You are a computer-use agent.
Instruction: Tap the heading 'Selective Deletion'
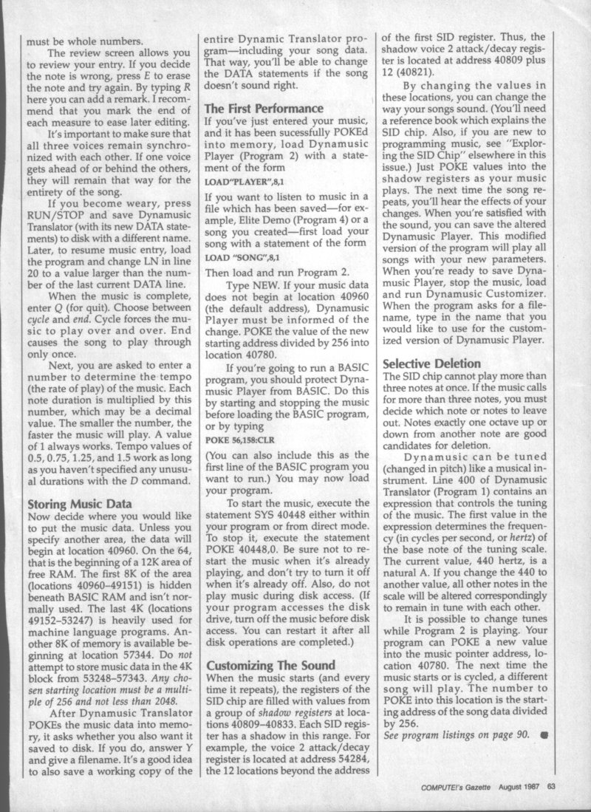431,364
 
